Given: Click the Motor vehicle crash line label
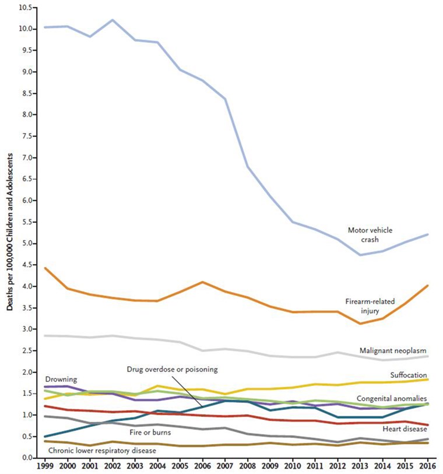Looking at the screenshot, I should (370, 234).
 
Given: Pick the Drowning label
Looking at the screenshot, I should (60, 379).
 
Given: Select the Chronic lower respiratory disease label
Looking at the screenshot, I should (102, 450).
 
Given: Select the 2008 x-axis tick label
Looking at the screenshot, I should (248, 466).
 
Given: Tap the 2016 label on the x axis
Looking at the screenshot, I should (428, 466).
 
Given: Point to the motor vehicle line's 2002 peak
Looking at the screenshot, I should (112, 20).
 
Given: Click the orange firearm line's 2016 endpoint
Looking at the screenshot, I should (428, 286).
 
